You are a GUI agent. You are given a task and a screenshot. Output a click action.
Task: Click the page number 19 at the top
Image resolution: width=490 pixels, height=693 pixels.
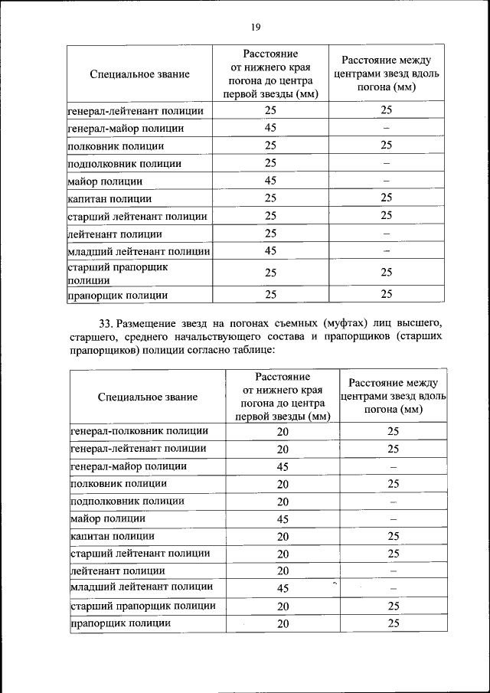coord(256,27)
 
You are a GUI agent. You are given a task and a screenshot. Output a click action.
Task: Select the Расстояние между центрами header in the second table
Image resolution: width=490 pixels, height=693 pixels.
coord(394,396)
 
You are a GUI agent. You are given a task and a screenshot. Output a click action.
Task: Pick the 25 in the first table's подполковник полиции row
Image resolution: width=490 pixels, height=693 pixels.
coord(270,163)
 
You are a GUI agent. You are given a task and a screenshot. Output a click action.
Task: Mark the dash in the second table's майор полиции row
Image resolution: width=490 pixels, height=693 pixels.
coord(394,519)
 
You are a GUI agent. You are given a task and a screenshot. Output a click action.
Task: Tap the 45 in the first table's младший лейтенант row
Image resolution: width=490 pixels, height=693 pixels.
coord(270,251)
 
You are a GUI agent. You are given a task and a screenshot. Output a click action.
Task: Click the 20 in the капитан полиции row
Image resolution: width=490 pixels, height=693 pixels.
coord(283,537)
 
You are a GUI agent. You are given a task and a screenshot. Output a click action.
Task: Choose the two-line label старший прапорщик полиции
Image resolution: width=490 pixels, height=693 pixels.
coord(117,273)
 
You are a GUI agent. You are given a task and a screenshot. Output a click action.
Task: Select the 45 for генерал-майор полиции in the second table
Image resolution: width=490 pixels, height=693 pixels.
coord(283,466)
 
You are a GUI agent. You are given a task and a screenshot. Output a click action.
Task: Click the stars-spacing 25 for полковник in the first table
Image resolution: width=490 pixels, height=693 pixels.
coord(386,145)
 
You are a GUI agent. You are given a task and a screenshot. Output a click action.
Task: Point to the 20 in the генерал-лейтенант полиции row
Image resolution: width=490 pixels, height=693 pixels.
coord(283,449)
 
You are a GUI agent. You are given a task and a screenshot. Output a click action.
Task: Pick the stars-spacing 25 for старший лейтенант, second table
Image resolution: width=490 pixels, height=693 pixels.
coord(394,554)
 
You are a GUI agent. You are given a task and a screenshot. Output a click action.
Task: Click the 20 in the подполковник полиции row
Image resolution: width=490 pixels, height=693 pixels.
coord(283,502)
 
